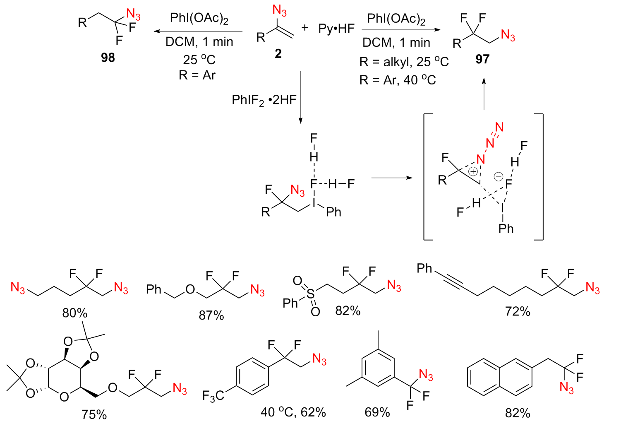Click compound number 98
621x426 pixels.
point(108,58)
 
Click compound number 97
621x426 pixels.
point(482,59)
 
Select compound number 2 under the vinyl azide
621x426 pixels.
point(278,53)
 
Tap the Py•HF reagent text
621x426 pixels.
point(336,29)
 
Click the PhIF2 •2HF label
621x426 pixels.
point(264,100)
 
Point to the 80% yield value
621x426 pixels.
point(75,313)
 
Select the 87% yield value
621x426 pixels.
point(211,315)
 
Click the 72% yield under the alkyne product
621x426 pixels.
point(518,311)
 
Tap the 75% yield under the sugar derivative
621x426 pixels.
point(94,414)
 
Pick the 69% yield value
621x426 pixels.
point(377,412)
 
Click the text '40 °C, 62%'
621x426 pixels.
point(293,412)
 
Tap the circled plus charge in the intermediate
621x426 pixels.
point(473,171)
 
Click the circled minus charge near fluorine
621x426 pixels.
point(499,177)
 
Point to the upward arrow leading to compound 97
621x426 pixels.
point(484,94)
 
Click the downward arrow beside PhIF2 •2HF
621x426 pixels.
point(301,98)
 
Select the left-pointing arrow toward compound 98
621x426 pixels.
point(198,31)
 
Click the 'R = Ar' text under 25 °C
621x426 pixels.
point(197,75)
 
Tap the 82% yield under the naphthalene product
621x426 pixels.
point(518,413)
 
